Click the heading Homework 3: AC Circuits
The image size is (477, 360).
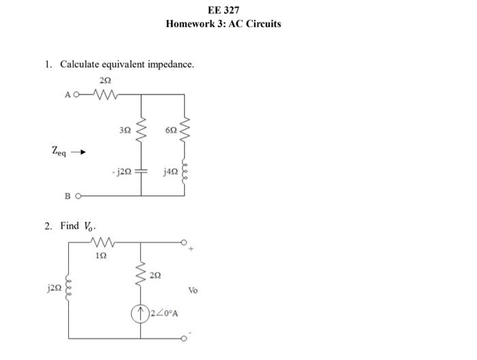[224, 23]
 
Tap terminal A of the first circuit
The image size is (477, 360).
[67, 95]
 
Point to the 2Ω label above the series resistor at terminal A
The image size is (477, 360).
[104, 80]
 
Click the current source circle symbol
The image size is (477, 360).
[141, 313]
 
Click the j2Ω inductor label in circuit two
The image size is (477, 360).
[52, 288]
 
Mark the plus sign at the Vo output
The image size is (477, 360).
[192, 250]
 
